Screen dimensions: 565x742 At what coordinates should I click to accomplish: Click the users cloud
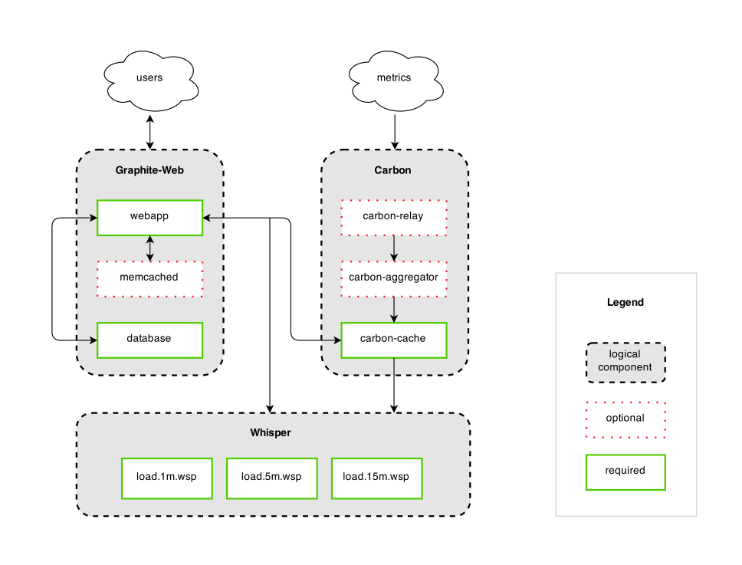click(149, 78)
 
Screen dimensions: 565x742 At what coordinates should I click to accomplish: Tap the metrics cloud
click(394, 78)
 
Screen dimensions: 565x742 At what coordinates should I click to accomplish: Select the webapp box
click(149, 217)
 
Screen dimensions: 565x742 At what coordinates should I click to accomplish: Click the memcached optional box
click(149, 278)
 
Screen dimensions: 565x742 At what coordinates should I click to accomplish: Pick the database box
click(149, 339)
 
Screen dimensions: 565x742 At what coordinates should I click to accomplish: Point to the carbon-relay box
click(393, 217)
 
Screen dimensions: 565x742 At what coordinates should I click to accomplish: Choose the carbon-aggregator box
click(393, 278)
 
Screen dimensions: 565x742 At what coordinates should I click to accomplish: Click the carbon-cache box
click(393, 339)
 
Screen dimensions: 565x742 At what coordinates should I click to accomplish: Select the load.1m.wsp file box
click(166, 478)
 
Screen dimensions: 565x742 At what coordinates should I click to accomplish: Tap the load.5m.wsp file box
click(271, 478)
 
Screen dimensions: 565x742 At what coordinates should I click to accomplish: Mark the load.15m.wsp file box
click(376, 478)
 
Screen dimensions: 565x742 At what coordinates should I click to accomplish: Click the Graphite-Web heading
click(149, 170)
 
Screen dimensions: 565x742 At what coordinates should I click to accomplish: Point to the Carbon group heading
click(393, 170)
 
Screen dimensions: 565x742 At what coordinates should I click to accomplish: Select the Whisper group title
click(271, 433)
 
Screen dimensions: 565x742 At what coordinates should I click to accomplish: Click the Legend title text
click(625, 303)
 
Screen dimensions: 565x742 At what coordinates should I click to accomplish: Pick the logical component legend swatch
click(625, 362)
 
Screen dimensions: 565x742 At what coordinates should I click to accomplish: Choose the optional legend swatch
click(625, 419)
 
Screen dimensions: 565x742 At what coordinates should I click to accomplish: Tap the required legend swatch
click(625, 471)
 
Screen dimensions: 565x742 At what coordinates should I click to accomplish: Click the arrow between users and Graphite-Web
click(149, 132)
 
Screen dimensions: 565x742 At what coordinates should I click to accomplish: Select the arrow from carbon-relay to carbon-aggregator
click(393, 247)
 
